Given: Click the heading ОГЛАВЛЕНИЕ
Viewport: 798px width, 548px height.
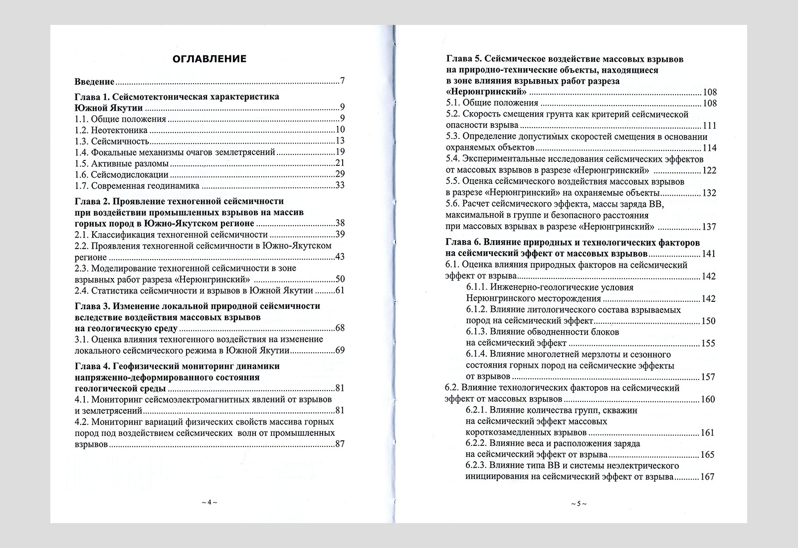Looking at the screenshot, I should tap(209, 59).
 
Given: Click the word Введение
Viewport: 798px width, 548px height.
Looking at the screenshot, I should tap(95, 81).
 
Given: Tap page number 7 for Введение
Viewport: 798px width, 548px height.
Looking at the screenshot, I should tap(342, 81).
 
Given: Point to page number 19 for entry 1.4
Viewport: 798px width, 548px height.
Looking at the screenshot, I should tap(340, 152).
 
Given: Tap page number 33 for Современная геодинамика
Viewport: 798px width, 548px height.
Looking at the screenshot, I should tap(340, 186).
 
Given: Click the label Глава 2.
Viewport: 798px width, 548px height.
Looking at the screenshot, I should tap(92, 201).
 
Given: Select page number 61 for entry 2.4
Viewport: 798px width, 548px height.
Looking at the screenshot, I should tap(340, 290).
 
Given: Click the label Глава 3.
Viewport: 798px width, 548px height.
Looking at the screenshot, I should tap(92, 306).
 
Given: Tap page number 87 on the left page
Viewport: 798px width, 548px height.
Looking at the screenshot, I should tap(340, 444).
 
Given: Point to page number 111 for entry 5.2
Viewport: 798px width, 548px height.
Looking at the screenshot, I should tap(709, 126).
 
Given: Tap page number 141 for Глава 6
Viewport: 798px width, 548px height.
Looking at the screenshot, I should tap(708, 254).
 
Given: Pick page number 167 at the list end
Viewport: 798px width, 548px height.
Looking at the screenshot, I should tap(708, 477).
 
